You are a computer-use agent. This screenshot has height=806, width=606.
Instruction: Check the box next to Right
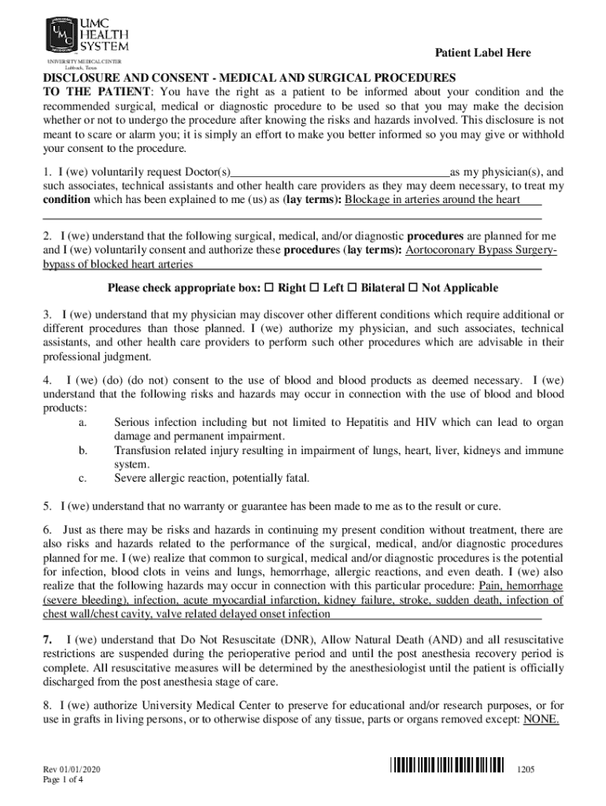click(x=270, y=288)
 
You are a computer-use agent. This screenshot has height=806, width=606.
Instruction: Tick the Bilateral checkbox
click(x=352, y=288)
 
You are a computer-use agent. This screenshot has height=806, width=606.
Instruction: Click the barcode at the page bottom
click(x=447, y=764)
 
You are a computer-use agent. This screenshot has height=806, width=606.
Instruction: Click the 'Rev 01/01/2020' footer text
click(x=72, y=768)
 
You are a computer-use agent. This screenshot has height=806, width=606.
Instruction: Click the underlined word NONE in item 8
click(x=541, y=719)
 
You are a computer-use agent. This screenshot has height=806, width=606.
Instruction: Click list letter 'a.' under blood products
click(x=83, y=423)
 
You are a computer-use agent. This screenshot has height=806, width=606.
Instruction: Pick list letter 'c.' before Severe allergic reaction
click(x=83, y=478)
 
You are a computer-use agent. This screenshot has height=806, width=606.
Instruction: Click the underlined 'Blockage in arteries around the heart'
click(x=433, y=200)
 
